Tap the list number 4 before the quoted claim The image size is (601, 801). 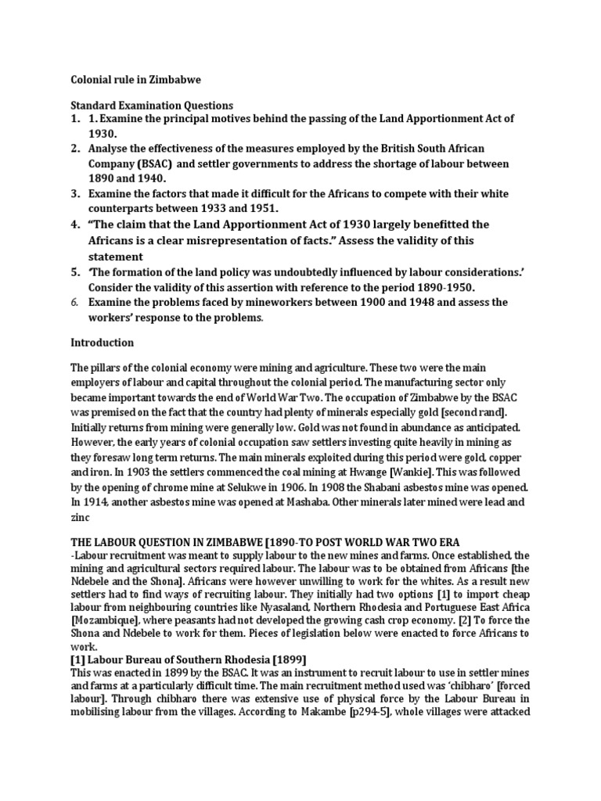click(x=75, y=225)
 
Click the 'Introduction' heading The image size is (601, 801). click(x=103, y=343)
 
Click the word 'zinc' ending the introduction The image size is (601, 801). click(x=82, y=517)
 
